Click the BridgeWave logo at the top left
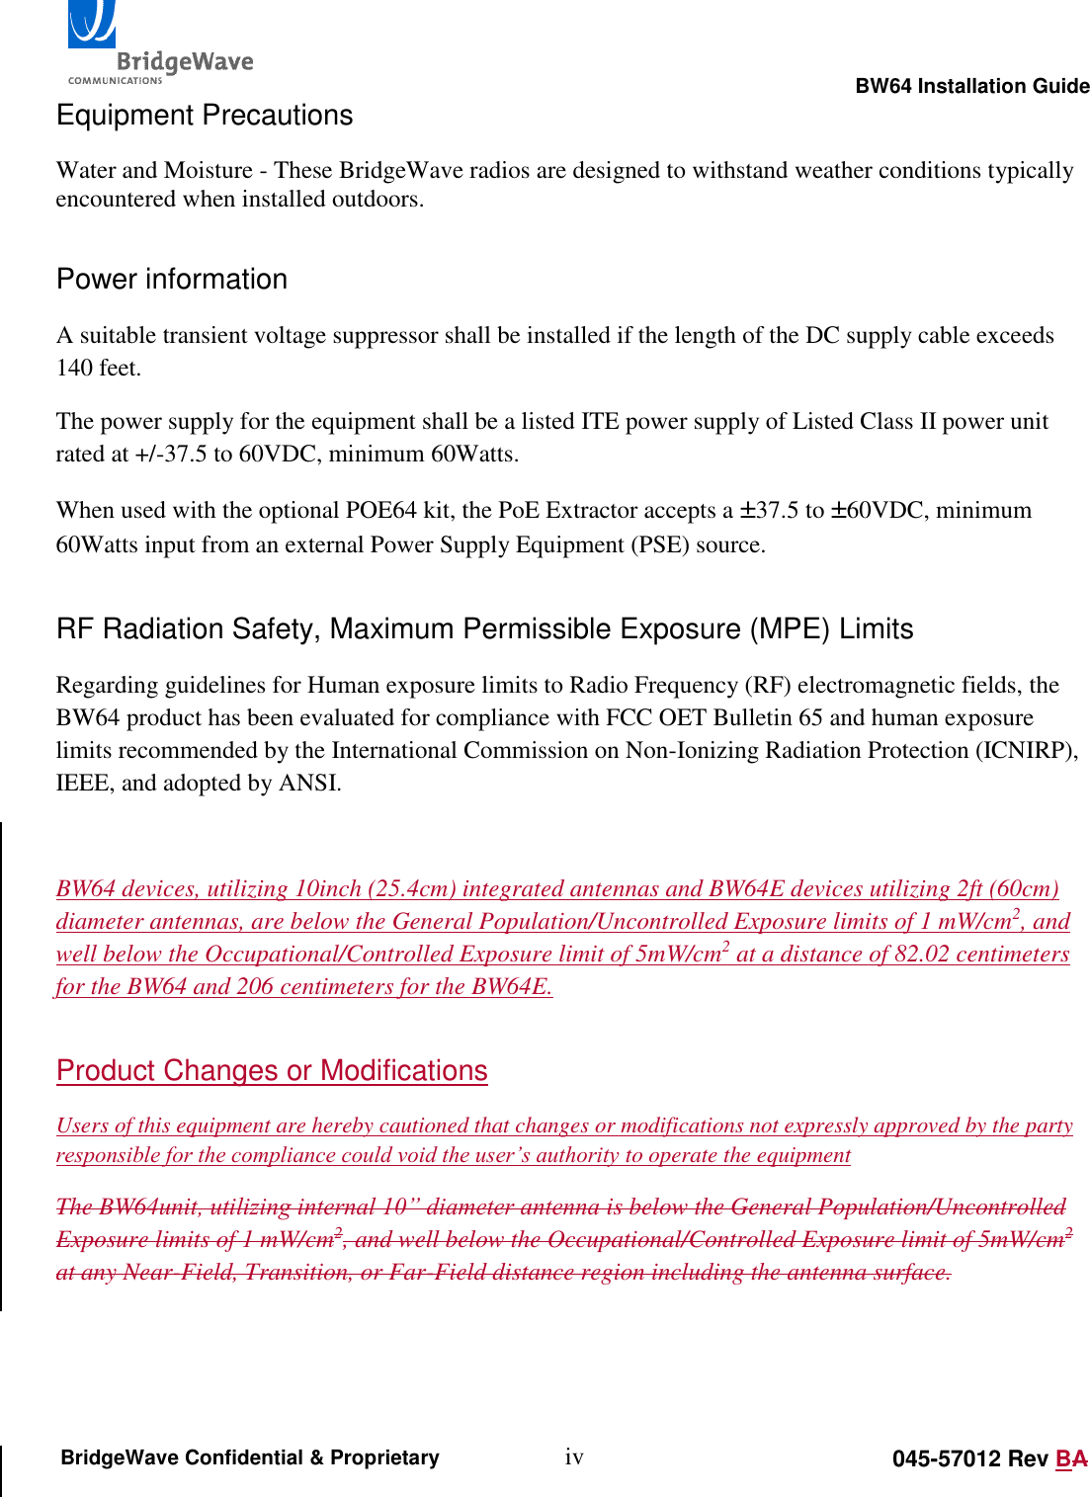158,44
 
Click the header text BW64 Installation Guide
972,86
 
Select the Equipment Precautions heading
205,116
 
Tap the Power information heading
172,280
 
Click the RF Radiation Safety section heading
484,629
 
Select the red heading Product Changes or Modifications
272,1071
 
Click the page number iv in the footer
574,1456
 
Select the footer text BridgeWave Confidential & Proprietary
250,1458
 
